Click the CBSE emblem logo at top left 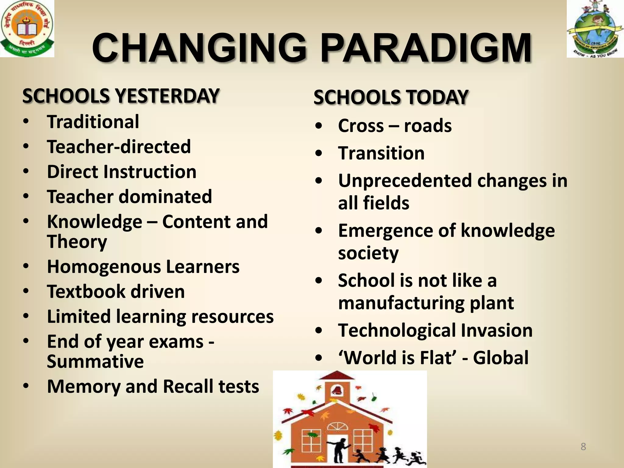27,28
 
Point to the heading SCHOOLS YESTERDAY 121,96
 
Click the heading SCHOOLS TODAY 391,97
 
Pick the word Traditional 93,122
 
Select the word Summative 95,361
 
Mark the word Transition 381,153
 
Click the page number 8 583,447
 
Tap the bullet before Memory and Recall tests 26,386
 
